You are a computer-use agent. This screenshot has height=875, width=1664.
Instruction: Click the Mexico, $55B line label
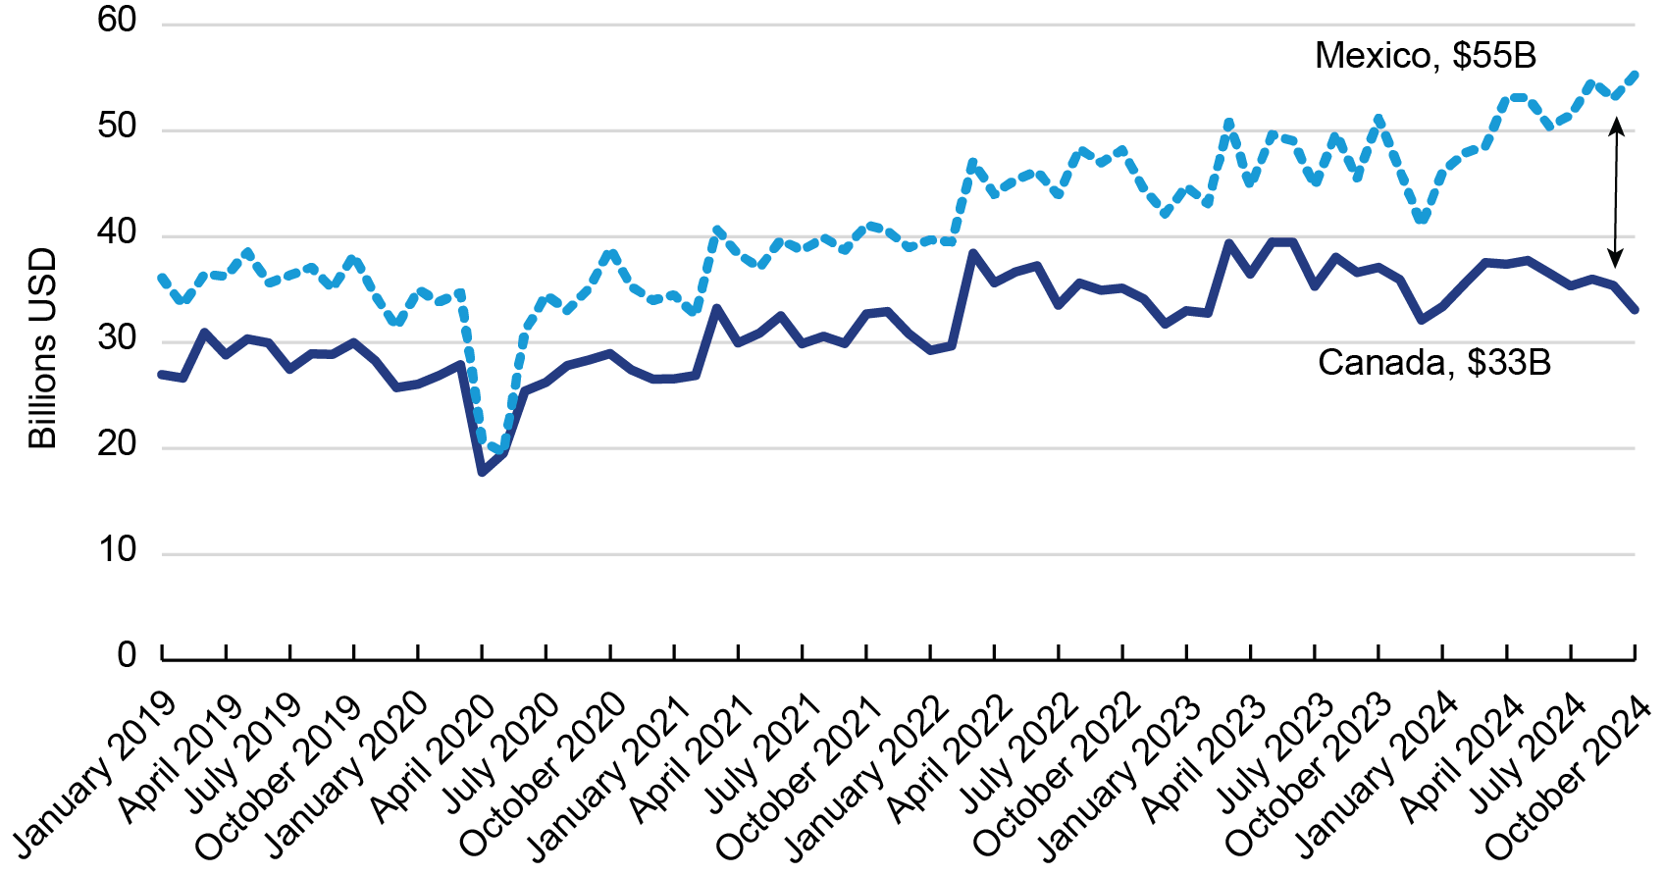click(1425, 56)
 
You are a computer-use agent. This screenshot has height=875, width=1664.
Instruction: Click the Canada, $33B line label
click(1433, 363)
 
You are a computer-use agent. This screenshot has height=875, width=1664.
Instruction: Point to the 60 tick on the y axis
click(117, 21)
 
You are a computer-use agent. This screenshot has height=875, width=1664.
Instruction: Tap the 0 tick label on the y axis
click(127, 654)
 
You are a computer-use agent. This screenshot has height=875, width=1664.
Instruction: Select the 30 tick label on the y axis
click(117, 338)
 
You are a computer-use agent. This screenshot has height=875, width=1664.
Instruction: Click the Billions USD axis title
click(42, 349)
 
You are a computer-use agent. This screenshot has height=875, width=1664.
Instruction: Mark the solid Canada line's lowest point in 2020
click(482, 472)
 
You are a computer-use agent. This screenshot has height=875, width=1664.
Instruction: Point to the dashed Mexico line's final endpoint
click(1634, 74)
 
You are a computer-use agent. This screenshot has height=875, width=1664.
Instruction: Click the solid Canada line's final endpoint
click(1635, 310)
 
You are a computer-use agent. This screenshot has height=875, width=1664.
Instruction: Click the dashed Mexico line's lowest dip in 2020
click(501, 450)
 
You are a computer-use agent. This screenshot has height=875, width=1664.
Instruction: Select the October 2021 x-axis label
click(799, 777)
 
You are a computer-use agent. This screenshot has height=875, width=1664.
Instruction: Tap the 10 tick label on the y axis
click(117, 550)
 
